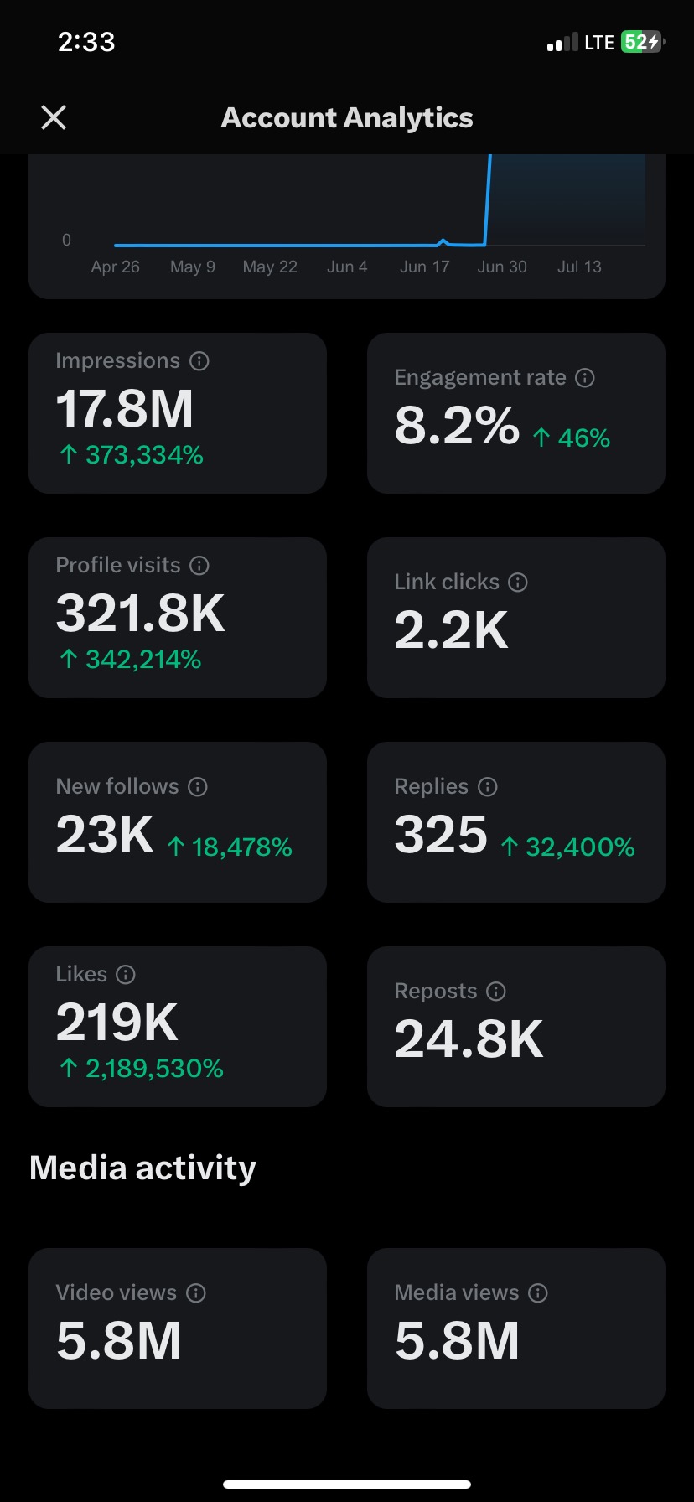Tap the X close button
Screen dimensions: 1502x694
(54, 117)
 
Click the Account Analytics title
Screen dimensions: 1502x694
(346, 117)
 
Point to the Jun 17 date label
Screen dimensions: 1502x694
(424, 267)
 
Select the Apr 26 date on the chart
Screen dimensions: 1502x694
(115, 267)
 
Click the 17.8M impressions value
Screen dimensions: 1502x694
(124, 409)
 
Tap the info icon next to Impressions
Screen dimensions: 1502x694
(199, 361)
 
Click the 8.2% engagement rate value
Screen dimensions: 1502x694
(457, 426)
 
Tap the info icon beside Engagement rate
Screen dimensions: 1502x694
(585, 378)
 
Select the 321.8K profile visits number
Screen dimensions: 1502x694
(140, 614)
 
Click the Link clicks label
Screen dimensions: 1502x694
(446, 582)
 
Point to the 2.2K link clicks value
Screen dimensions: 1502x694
(451, 630)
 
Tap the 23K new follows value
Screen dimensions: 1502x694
(105, 835)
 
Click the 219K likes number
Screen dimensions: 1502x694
(117, 1023)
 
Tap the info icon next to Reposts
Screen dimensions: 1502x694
(496, 992)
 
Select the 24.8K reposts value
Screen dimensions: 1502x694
(469, 1039)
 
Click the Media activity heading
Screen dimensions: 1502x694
(142, 1168)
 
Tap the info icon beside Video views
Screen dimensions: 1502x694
(196, 1293)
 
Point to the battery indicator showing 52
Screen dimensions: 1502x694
(641, 42)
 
